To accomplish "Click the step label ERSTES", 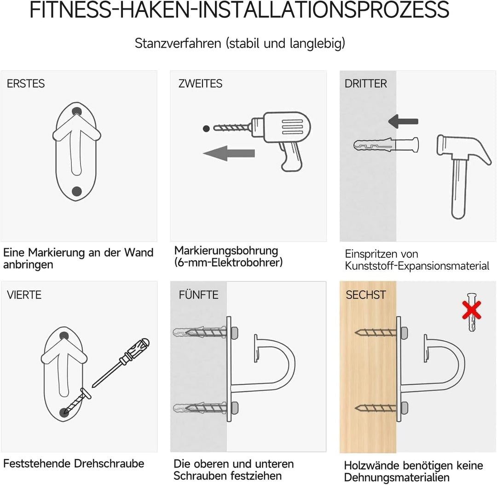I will click(26, 84).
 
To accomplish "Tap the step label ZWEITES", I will click(200, 84).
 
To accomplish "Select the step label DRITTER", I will click(366, 84).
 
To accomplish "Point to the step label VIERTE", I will click(24, 295).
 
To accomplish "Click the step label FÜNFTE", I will click(198, 295).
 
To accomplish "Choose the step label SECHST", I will click(366, 295).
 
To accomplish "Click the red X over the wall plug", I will click(472, 311).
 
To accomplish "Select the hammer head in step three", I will click(465, 147).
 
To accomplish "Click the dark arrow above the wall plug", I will click(403, 121).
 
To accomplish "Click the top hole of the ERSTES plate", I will click(77, 111).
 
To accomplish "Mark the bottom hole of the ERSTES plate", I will click(77, 191).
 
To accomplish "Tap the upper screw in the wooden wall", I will click(375, 331).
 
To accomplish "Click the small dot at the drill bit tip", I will click(206, 128).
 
